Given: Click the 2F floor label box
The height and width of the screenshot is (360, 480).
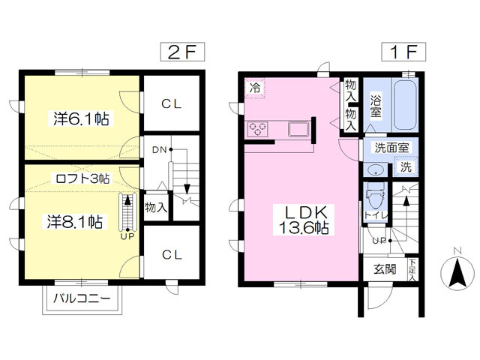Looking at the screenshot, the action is (183, 52).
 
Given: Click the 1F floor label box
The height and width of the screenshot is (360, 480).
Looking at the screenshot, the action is (403, 52).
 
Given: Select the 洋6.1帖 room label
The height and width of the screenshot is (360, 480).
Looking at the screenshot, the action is (81, 118).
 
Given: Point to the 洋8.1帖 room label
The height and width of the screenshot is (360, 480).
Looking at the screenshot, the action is (75, 222).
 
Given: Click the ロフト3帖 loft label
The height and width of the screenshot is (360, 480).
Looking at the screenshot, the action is (82, 178).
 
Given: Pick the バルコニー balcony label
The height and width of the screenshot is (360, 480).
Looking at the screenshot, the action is (82, 298).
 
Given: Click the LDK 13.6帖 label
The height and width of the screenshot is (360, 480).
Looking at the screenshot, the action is (303, 220).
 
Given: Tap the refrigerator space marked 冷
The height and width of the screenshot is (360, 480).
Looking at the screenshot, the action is (255, 88).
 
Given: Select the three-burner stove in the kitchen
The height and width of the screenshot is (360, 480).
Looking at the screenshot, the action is (258, 128).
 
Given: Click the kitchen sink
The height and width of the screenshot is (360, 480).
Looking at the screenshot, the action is (298, 128).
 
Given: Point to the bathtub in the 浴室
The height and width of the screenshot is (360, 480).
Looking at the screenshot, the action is (406, 105).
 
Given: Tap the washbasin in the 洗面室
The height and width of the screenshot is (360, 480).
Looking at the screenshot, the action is (375, 170).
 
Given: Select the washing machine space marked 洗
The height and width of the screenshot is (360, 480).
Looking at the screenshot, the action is (406, 166).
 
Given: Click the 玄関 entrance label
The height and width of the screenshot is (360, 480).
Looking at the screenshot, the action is (385, 269).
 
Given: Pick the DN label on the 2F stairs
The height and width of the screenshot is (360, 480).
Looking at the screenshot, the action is (159, 150).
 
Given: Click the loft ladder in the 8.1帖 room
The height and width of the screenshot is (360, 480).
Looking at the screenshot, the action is (127, 211).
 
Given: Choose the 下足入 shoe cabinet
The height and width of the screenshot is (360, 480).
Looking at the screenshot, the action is (412, 270).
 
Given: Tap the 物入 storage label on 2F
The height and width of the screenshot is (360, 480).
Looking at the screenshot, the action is (156, 207).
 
